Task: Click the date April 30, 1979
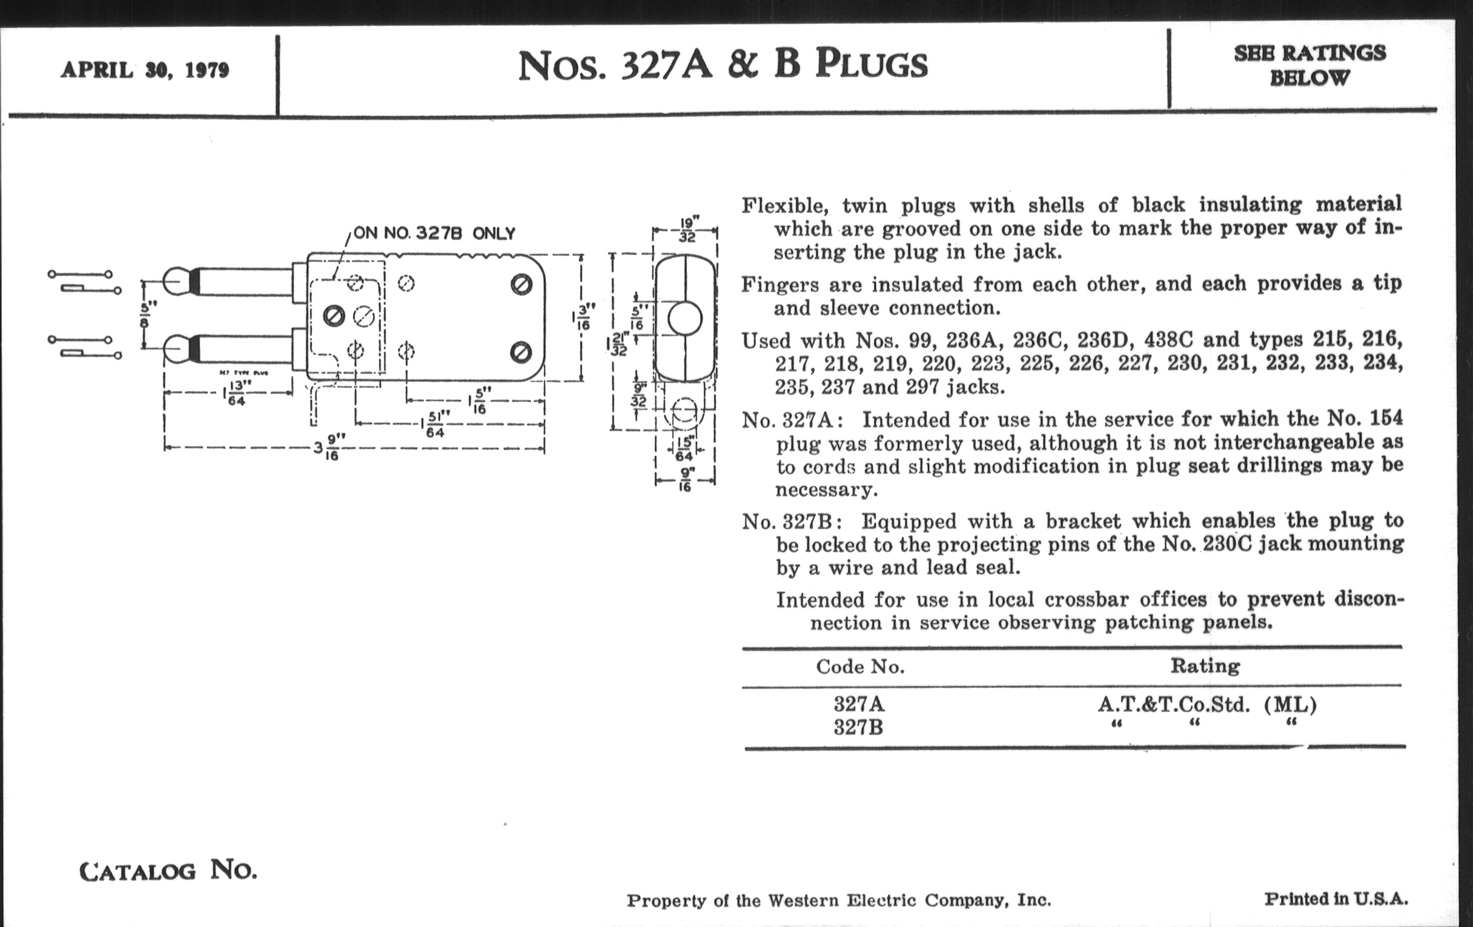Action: click(x=145, y=70)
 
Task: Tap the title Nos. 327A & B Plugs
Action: click(x=723, y=65)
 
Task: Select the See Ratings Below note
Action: click(x=1309, y=65)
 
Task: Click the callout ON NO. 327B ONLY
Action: click(x=434, y=233)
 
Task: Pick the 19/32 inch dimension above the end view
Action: click(x=686, y=229)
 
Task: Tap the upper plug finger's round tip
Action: click(x=176, y=282)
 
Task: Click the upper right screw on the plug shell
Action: click(x=521, y=284)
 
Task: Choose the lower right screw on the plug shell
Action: click(x=521, y=352)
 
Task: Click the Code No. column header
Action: click(x=860, y=666)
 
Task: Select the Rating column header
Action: click(x=1205, y=666)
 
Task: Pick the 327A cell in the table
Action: click(x=859, y=704)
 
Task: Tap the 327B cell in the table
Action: click(x=859, y=728)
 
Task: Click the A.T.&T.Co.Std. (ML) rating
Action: click(x=1207, y=705)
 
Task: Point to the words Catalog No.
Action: click(x=168, y=870)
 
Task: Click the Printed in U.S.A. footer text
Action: click(x=1336, y=899)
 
